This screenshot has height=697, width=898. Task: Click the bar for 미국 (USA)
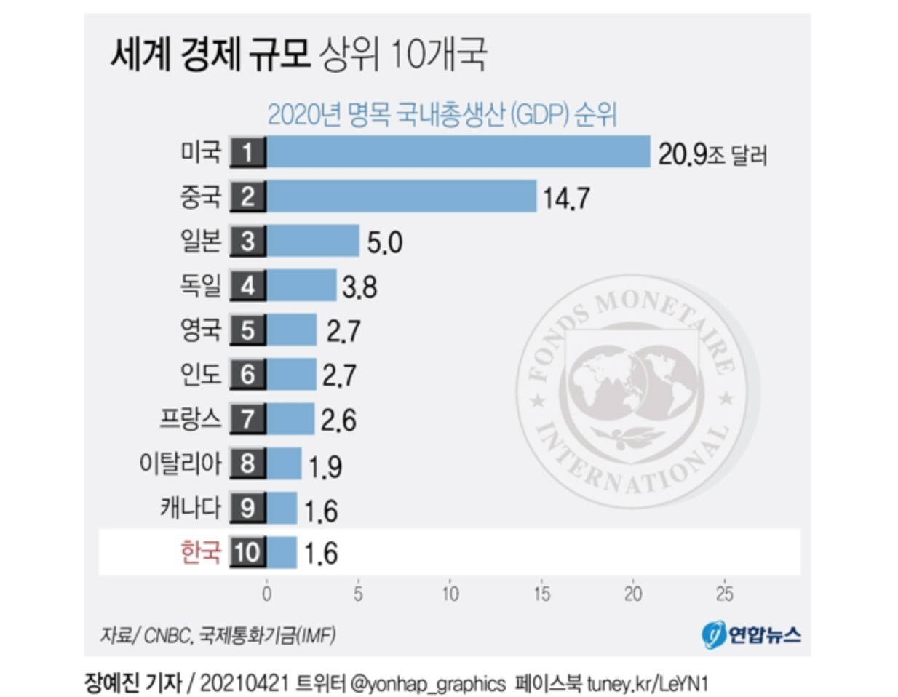coord(458,152)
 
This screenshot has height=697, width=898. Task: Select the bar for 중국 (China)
coord(402,196)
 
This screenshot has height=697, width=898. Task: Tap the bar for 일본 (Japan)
coord(313,241)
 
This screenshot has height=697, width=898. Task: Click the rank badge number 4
coord(247,286)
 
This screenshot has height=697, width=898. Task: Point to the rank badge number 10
coord(247,552)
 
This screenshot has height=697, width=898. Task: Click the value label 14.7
coord(566,198)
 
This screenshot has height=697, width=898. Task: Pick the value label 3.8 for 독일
coord(359,287)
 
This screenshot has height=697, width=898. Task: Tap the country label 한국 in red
coord(200,552)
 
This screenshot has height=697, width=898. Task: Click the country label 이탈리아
coord(180,463)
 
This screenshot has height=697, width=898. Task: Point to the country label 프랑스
coord(190,419)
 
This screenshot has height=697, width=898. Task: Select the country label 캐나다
coord(190,508)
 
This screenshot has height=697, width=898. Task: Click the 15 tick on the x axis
coord(541,594)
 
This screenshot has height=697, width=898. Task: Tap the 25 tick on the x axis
coord(724,594)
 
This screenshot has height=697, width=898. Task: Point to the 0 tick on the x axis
coord(267,594)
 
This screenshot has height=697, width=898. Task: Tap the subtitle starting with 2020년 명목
coord(442,115)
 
